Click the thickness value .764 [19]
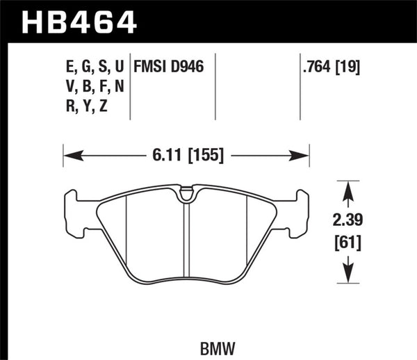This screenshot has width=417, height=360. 332,69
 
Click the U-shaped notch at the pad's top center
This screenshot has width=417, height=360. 186,196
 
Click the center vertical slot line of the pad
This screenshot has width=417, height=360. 186,243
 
